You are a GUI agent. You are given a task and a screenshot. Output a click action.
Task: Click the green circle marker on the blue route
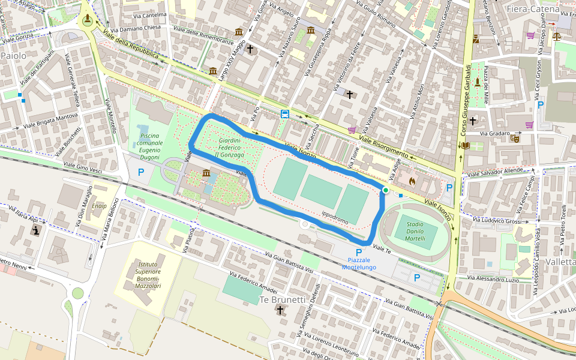point(385,190)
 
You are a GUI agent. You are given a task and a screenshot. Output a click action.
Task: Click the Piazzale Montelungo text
point(359,263)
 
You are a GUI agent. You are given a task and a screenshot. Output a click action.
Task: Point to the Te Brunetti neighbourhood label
point(282,299)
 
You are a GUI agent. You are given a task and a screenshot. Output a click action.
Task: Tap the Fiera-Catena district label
point(532,9)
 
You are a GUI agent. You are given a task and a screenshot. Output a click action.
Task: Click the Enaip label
point(99,206)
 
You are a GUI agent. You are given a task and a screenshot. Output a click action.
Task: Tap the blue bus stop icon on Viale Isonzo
point(284,114)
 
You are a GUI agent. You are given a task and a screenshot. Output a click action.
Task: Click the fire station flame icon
point(411,179)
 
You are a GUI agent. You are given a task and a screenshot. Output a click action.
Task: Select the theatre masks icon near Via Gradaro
point(514,138)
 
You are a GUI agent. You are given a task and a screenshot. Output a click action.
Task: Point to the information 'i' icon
point(36,230)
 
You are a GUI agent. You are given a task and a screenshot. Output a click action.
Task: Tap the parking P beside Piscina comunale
point(142,172)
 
